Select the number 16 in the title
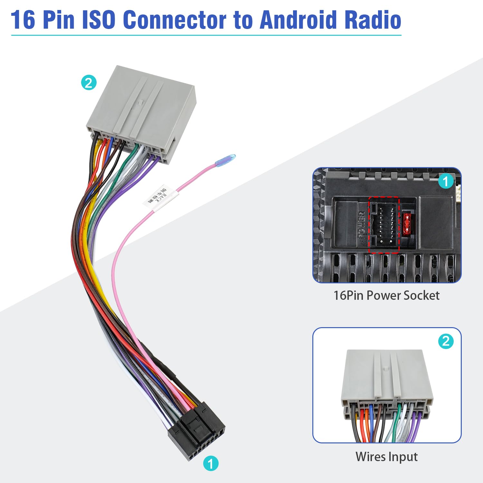23,20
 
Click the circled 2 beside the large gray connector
89,82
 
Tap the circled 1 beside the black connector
211,463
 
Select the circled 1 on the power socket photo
446,181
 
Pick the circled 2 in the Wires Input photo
446,341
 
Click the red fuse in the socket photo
407,224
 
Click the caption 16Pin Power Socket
386,295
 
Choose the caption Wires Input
386,457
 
